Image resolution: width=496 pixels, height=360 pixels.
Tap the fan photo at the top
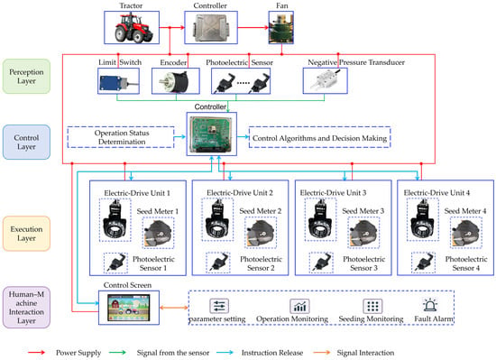[280, 28]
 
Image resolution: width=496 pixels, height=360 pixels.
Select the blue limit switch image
[118, 80]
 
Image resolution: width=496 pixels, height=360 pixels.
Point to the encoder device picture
[175, 81]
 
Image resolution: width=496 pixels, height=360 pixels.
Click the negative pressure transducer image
[326, 81]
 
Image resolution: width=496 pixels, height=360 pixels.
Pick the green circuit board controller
[212, 134]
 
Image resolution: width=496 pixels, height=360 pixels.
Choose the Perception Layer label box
[26, 76]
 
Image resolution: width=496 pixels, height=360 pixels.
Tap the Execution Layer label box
[26, 234]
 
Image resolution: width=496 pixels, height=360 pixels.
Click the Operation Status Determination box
[121, 137]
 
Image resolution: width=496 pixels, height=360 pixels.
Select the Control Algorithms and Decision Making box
[319, 137]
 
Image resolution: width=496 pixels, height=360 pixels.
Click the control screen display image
[128, 308]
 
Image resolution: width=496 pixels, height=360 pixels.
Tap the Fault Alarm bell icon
[430, 305]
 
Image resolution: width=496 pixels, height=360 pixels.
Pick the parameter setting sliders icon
[219, 306]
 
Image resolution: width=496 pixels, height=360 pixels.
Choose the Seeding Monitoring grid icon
[372, 306]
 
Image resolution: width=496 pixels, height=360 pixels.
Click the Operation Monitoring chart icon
[299, 306]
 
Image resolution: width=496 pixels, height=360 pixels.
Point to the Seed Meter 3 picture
[363, 234]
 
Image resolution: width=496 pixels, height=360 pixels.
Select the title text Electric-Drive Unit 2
[240, 193]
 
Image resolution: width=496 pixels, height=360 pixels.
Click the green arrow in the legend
[117, 353]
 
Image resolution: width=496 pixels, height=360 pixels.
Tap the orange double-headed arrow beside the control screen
[174, 308]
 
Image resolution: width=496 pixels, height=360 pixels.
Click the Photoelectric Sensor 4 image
[424, 263]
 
